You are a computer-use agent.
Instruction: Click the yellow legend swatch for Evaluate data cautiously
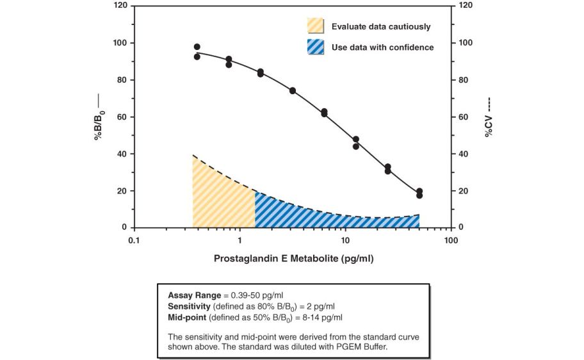coord(316,26)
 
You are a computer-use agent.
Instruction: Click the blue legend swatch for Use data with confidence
coord(316,47)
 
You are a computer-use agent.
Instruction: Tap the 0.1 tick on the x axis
coord(133,240)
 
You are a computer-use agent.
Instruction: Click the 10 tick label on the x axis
coord(345,240)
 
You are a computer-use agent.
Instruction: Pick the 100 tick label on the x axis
coord(451,240)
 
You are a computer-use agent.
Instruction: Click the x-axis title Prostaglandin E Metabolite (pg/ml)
coord(293,259)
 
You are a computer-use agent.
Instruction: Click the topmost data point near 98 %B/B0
coord(197,47)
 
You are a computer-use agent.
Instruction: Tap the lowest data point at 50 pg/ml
coord(419,195)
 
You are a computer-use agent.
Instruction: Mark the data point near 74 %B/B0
coord(293,90)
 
